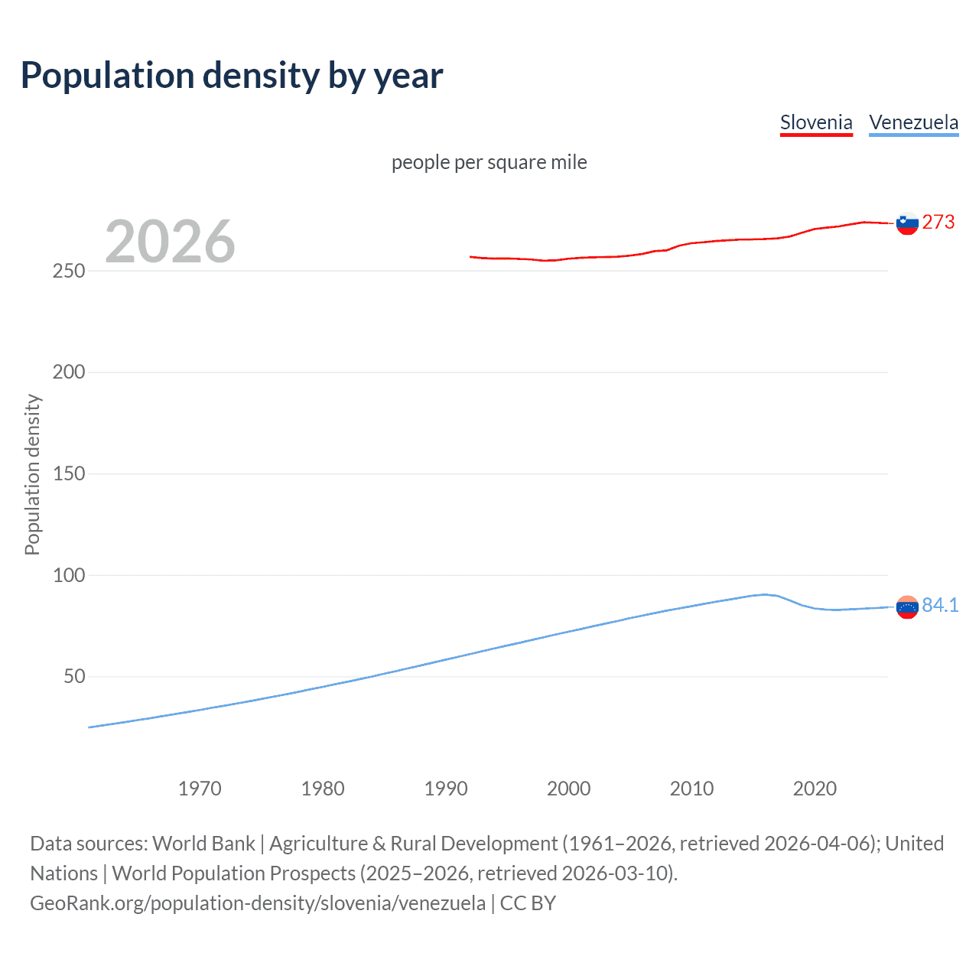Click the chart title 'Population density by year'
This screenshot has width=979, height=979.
coord(232,76)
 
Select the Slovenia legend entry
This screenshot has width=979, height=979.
coord(816,123)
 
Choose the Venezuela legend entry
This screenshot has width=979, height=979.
coord(913,123)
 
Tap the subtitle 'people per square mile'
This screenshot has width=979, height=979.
coord(489,162)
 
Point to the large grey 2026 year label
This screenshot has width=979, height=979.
coord(170,242)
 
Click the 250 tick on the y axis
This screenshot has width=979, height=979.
coord(69,271)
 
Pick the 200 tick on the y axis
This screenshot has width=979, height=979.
coord(69,372)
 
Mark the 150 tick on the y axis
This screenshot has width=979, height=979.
coord(69,473)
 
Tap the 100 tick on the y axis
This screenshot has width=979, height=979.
coord(69,575)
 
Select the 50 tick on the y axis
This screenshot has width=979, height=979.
coord(74,677)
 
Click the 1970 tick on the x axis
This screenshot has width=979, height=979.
coord(200,789)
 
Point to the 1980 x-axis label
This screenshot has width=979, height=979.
coord(323,789)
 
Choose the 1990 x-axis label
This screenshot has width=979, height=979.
coord(446,789)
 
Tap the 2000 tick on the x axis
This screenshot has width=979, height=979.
coord(568,789)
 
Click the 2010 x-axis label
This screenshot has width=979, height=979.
coord(691,789)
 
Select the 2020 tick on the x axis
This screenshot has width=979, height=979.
coord(815,789)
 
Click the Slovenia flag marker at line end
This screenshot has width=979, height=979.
coord(907,223)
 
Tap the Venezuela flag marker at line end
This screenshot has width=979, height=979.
coord(907,607)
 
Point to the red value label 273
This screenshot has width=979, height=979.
coord(938,222)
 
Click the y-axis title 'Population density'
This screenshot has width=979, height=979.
coord(32,474)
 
